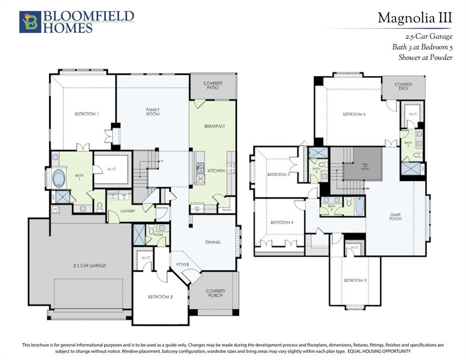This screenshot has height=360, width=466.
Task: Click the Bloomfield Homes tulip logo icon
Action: click(x=30, y=22)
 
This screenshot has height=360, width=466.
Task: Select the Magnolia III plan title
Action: click(x=414, y=18)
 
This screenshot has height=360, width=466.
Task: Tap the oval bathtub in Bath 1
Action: click(x=60, y=179)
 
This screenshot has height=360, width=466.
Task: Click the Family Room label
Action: click(x=153, y=112)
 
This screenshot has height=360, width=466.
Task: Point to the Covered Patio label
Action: click(x=213, y=85)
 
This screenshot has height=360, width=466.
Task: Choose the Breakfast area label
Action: click(x=214, y=126)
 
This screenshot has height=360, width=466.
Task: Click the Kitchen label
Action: click(x=215, y=171)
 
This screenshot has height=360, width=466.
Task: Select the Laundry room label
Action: click(x=128, y=211)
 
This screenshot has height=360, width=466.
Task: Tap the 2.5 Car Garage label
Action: click(x=90, y=265)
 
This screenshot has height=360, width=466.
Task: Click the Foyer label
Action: click(x=182, y=265)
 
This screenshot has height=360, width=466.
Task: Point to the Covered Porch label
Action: click(x=215, y=293)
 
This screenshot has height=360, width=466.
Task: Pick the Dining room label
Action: click(x=212, y=242)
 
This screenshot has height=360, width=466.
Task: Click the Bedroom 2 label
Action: click(x=161, y=297)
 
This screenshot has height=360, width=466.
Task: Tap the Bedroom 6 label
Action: click(x=354, y=114)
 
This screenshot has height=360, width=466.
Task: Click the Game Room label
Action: click(x=395, y=217)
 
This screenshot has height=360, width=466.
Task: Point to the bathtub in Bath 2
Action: click(x=359, y=206)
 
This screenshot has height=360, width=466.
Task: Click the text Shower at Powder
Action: click(x=425, y=58)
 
